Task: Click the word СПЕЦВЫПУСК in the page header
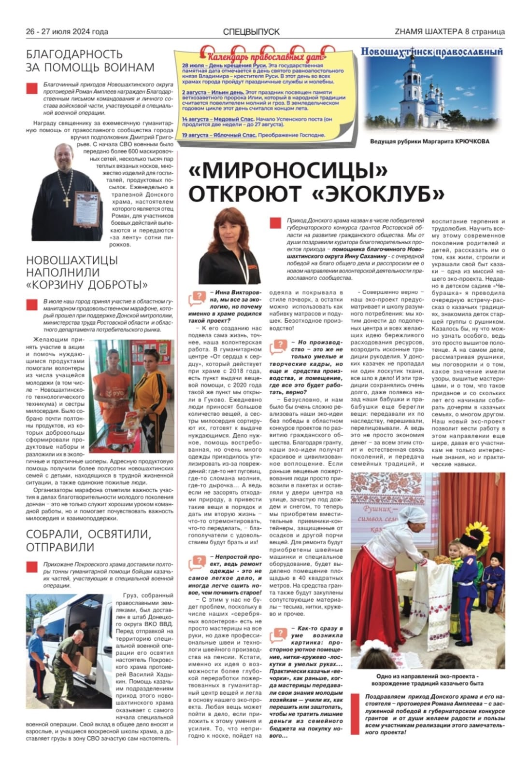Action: tap(251, 32)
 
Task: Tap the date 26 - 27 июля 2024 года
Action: tap(67, 32)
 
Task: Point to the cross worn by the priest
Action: tap(66, 195)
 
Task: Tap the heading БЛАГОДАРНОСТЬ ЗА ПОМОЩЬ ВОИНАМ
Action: tap(90, 60)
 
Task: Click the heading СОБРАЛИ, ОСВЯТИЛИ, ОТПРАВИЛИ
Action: tap(88, 540)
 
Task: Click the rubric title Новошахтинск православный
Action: tap(431, 52)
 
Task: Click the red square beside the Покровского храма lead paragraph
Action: tap(31, 566)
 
